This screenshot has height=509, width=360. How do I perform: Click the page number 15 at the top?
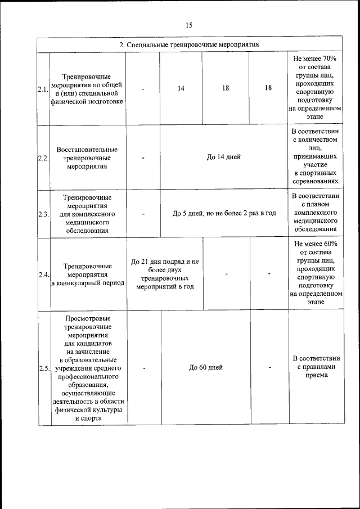[188, 25]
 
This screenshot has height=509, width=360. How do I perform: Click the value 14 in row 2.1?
[181, 88]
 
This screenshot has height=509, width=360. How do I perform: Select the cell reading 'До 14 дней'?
[223, 157]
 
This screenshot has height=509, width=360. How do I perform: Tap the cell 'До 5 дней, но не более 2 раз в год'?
[224, 213]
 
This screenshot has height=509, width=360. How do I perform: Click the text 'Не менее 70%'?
[314, 58]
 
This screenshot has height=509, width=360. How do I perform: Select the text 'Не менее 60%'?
[315, 244]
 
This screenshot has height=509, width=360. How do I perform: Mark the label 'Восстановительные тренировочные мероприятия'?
[87, 157]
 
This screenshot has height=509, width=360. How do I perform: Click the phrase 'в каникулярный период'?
[87, 283]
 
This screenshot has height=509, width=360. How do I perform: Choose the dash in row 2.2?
[144, 157]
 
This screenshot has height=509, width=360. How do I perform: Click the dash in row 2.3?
[144, 214]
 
